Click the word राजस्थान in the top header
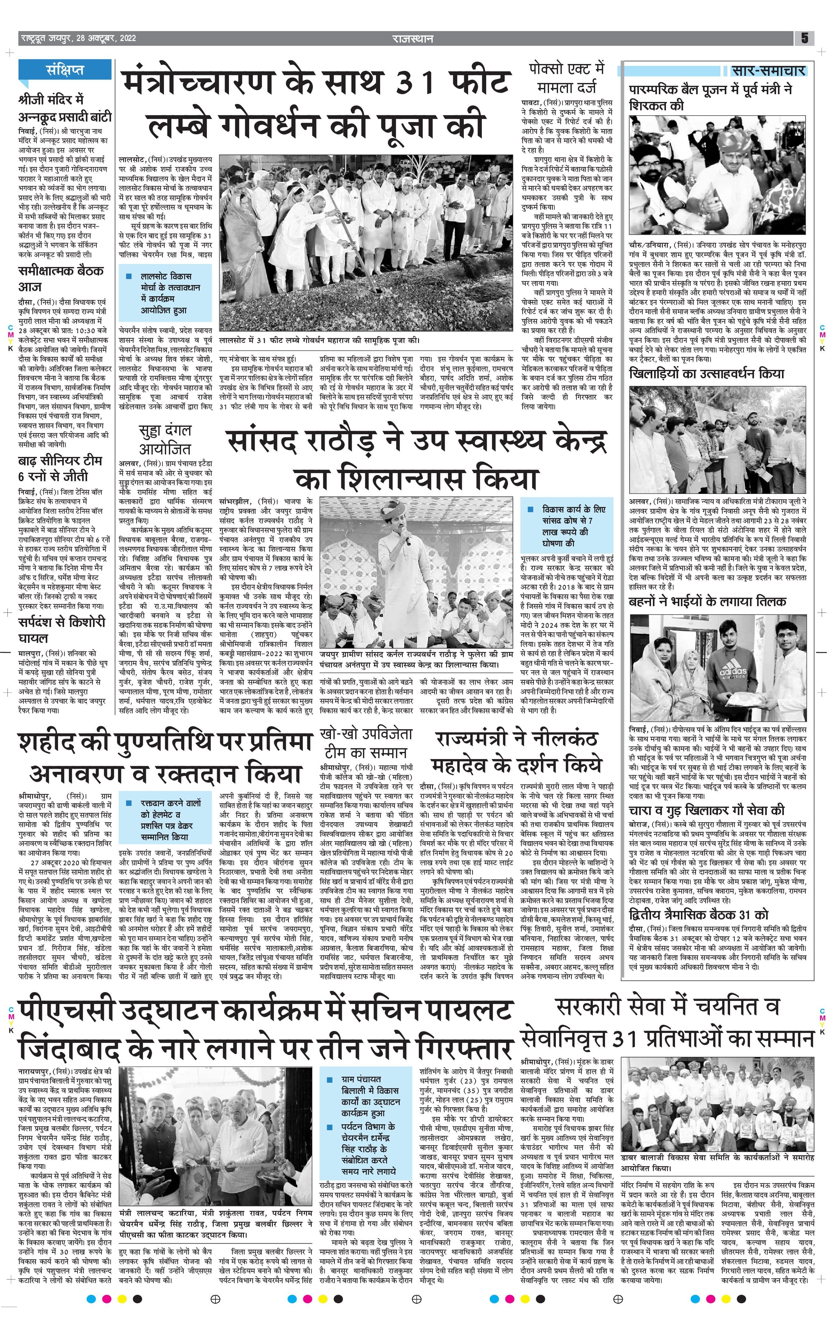(x=412, y=39)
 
